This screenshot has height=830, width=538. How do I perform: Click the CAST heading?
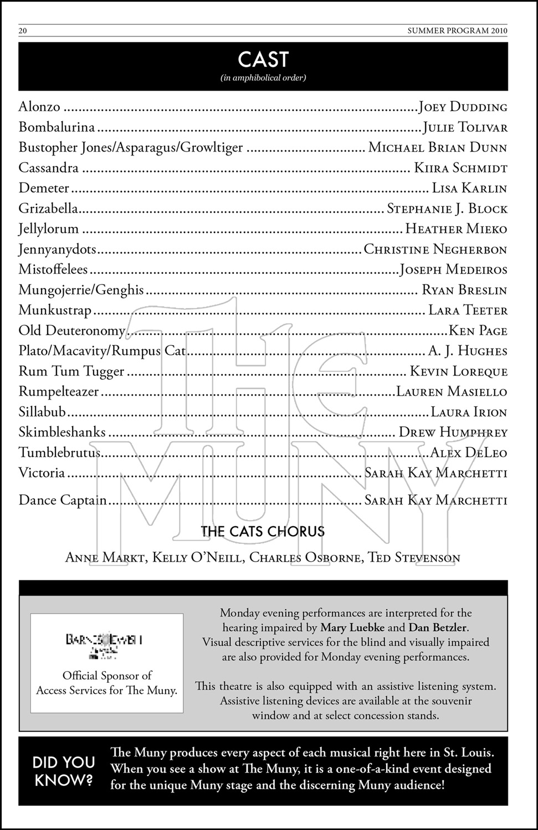tap(263, 59)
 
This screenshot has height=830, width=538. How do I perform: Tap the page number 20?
tap(23, 31)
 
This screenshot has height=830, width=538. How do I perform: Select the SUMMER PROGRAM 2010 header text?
tap(457, 31)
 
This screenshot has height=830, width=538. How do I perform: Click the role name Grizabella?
tap(48, 209)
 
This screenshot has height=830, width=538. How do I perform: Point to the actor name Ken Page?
tap(478, 331)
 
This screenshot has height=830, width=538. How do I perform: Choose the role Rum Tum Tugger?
tap(71, 371)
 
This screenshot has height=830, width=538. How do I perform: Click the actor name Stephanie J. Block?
tap(447, 209)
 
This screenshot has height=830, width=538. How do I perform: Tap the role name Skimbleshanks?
tap(62, 432)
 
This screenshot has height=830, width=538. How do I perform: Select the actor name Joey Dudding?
tap(463, 107)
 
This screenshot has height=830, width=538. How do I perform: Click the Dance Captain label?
tap(63, 500)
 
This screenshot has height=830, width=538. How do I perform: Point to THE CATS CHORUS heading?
tap(263, 532)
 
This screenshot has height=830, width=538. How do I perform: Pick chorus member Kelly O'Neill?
tap(197, 557)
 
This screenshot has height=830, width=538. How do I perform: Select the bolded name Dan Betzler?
tap(438, 627)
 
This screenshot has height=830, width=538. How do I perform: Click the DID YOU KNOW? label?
tap(64, 770)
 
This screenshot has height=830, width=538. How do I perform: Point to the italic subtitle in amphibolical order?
tap(263, 78)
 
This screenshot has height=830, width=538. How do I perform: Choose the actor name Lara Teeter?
tap(468, 310)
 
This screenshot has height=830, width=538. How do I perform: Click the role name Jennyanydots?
tap(57, 250)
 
